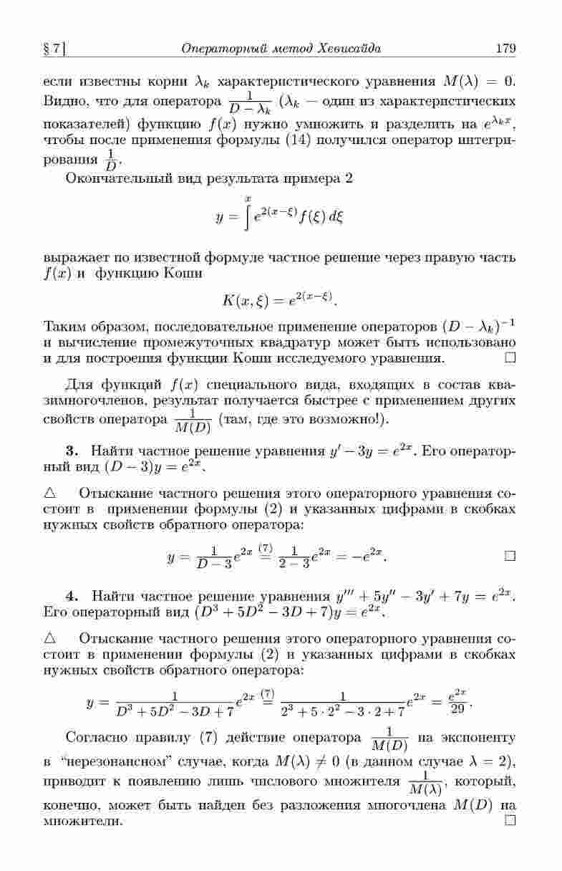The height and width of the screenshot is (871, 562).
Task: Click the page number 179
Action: pos(505,49)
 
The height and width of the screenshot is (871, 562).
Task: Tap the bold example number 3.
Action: pos(70,451)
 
